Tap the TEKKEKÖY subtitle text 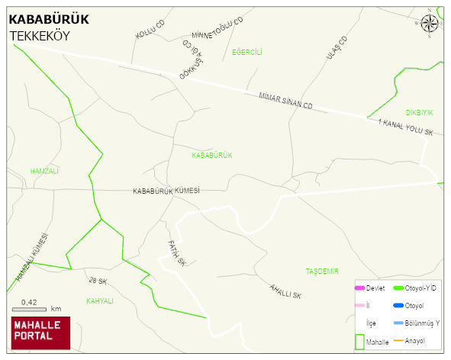coord(40,36)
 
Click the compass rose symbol coord(430,23)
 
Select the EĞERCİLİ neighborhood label coord(247,52)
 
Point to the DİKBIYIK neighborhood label coord(419,112)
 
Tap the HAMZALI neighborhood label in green coord(44,171)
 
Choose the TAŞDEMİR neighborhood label coord(321,271)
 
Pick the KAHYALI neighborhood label coord(100,301)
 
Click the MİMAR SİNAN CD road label coord(286,100)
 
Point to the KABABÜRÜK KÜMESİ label coord(166,191)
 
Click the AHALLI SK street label coord(286,291)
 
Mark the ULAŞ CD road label coord(337,48)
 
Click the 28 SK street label coord(98,281)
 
